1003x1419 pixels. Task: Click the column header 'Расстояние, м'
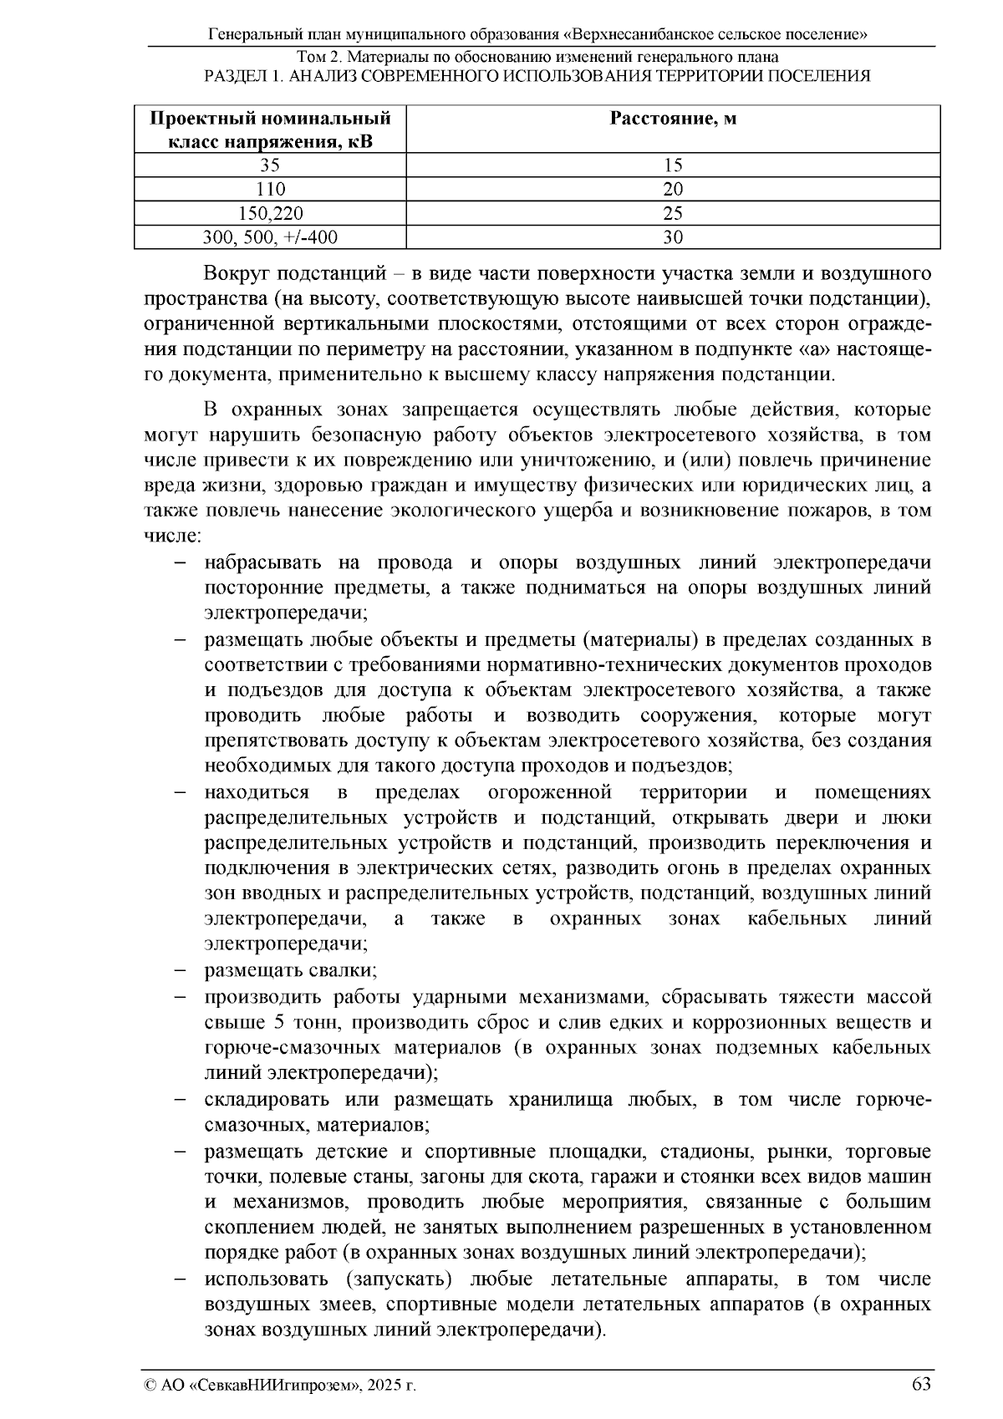[673, 118]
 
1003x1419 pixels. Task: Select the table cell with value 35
[269, 165]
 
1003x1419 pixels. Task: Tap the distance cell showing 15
[673, 165]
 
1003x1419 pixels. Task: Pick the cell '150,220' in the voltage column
[269, 213]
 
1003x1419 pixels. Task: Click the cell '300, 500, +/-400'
[269, 237]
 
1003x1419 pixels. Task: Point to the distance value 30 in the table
[673, 237]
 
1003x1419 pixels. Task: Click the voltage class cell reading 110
[269, 189]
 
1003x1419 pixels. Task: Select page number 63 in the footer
[920, 1383]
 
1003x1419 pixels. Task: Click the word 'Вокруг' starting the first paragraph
[236, 274]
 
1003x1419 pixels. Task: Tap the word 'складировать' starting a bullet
[263, 1100]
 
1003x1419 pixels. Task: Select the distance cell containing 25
[673, 213]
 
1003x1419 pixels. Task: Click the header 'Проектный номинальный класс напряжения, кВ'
[269, 129]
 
